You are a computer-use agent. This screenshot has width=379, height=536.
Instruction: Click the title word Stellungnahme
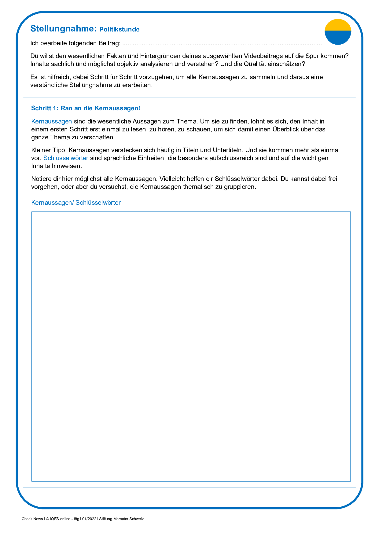pos(64,29)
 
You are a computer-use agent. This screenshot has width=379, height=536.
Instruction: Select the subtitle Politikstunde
pos(120,30)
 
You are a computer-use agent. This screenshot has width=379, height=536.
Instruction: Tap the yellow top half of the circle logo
pos(338,25)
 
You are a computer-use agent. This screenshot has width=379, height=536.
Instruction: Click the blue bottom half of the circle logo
pos(338,38)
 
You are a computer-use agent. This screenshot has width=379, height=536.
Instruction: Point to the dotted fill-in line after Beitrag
pos(222,44)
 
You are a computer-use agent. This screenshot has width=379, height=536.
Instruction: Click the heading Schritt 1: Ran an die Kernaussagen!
pos(86,108)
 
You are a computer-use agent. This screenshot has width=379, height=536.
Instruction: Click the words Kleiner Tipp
pos(49,150)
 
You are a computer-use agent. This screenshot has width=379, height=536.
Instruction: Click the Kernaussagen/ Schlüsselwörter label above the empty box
pos(76,203)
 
